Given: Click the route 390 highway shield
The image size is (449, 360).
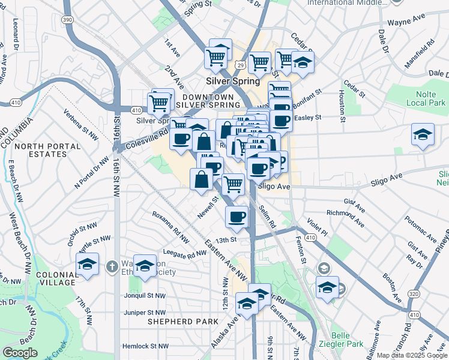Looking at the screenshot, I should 68,20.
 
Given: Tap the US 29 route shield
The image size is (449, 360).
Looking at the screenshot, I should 241,64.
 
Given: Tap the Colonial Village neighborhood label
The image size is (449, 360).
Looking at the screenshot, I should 55,278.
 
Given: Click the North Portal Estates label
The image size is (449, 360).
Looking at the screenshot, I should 41,150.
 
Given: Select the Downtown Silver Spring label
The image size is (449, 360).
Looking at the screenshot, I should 207,101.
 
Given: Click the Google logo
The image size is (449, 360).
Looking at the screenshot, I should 20,353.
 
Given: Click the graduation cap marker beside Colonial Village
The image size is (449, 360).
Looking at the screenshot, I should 88,264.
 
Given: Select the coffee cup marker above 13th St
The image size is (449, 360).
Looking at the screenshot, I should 237,216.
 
